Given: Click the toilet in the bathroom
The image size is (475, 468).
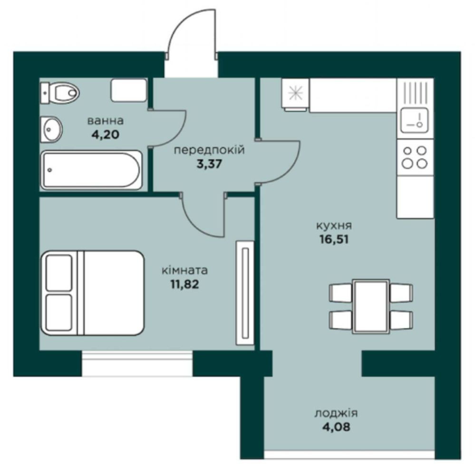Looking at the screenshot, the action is coord(59,92).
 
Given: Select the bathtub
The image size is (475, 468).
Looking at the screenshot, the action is coord(91,170).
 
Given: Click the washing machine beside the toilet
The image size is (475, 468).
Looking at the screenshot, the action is coord(129,90).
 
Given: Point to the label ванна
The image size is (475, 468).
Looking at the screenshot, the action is coord(106,121).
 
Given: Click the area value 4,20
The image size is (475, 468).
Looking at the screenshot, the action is coord(106,134).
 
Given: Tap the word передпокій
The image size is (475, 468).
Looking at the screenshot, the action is coord(209,150).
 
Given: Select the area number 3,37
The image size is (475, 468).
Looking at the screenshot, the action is coord(209,164).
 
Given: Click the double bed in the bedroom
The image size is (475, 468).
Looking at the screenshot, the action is coord(92,293).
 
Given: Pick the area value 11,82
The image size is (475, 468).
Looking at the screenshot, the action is coord(185,284).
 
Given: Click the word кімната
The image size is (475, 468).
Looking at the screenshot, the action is coord(185,270).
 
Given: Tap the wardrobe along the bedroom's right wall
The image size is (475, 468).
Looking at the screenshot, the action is coord(245,293).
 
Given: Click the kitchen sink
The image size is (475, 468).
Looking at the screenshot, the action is coord(415,121).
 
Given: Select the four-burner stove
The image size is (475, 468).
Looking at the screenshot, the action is coord(415,157).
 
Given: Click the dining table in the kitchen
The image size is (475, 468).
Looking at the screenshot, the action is coord(371,306).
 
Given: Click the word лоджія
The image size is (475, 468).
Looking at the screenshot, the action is coord(336,413).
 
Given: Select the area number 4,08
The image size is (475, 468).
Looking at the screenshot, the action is coord(336,427).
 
